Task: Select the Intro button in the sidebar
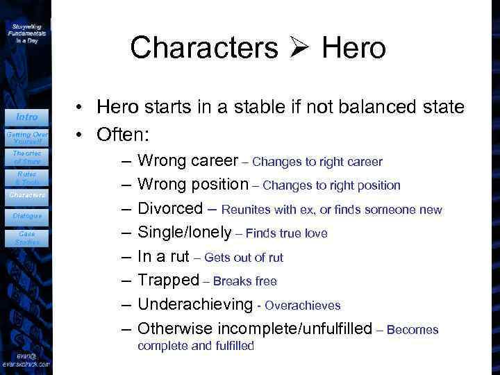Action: point(26,117)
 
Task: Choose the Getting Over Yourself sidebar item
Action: point(26,137)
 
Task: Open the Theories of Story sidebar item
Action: point(26,156)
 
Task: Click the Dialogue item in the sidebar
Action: point(26,216)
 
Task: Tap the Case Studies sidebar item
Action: point(26,238)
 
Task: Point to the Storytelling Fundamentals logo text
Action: point(26,31)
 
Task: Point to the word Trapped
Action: point(168,280)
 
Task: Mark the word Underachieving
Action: point(195,304)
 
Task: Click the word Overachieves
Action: point(302,306)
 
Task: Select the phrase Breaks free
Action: point(245,281)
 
